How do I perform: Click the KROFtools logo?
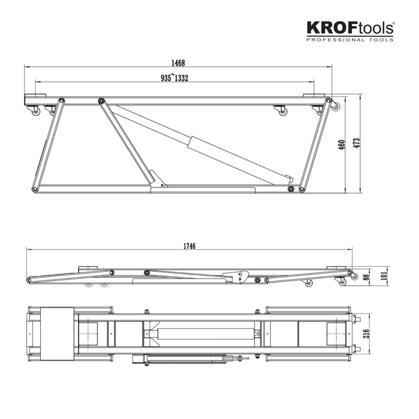350,28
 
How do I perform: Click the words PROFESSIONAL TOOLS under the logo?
350,40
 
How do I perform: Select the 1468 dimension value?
178,63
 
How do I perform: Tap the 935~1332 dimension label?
174,78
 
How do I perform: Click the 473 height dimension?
356,143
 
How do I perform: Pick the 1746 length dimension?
189,246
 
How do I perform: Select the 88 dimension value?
366,277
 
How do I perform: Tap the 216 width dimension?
366,334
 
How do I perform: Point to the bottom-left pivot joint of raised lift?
35,189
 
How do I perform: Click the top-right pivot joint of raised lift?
328,100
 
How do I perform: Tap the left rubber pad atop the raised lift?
35,95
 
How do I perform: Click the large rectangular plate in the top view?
57,334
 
